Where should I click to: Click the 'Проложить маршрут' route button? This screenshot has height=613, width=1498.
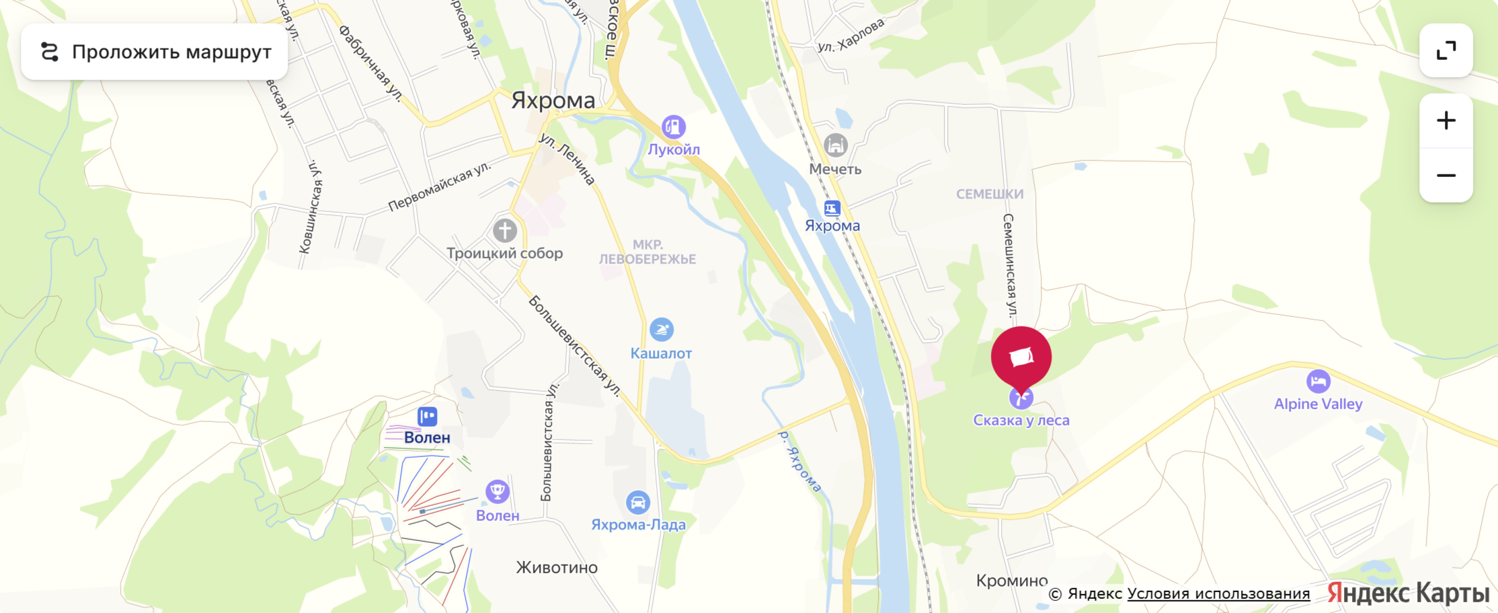coord(155,52)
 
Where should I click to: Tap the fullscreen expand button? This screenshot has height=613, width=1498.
coord(1446,50)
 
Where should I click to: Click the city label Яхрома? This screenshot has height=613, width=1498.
coord(553,100)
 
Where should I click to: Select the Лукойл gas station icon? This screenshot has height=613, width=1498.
coord(673,127)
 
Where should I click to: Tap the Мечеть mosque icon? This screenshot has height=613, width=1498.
coord(835,145)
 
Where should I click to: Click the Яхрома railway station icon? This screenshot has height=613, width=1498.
coord(832,209)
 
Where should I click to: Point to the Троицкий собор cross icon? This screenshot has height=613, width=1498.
coord(505,231)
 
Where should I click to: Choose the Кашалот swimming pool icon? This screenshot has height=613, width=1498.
coord(661,330)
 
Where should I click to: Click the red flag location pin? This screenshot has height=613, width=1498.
coord(1021,357)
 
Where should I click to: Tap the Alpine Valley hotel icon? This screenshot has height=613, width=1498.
coord(1318,382)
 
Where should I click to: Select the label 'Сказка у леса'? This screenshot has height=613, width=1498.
coord(1021,421)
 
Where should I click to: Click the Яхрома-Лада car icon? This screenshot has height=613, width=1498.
coord(637,502)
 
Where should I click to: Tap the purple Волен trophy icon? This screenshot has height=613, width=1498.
coord(498,492)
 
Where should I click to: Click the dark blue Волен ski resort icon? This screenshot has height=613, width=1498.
coord(427,417)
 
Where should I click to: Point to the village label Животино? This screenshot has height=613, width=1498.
coord(557,567)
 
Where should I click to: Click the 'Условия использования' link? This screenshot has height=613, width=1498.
coord(1218,593)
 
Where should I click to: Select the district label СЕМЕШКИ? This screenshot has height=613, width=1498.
coord(990,194)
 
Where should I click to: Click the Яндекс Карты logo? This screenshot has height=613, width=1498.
coord(1408,593)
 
